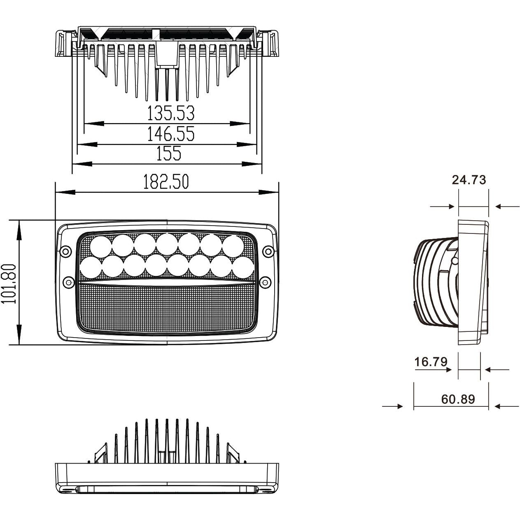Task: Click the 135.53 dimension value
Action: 170,113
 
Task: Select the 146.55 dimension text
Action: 170,134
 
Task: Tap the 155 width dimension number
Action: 168,154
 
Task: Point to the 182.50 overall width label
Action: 166,182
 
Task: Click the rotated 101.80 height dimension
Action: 9,283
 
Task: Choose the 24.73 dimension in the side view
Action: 469,180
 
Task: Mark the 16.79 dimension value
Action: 431,362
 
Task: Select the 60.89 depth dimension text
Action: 458,399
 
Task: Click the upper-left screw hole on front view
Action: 65,251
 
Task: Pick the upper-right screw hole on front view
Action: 268,251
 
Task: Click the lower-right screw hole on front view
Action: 266,282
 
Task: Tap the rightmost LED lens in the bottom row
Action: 242,267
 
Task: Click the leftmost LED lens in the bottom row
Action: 90,267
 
